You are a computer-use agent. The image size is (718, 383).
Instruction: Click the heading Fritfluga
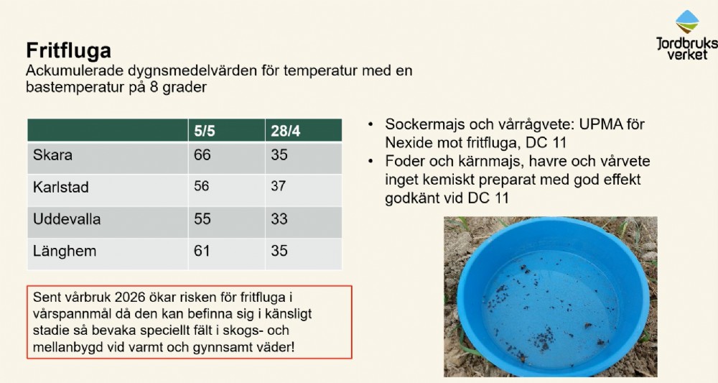(x=68, y=50)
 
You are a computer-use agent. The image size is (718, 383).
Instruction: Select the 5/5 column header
(x=204, y=131)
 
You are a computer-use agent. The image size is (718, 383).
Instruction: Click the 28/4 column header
(x=285, y=131)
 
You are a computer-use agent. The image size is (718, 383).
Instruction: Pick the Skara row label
(x=52, y=154)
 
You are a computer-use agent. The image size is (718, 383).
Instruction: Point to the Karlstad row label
(x=60, y=187)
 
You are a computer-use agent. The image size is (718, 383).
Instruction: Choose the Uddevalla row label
(x=66, y=219)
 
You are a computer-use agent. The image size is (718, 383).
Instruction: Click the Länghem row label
(x=65, y=251)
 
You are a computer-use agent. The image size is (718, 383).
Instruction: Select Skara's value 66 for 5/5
(x=202, y=154)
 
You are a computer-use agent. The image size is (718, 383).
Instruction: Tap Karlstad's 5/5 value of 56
(x=202, y=186)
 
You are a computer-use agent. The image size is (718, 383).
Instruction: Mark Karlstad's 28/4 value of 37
(x=278, y=186)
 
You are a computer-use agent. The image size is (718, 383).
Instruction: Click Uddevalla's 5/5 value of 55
(x=202, y=219)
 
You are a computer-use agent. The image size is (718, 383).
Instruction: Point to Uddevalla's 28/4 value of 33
(x=279, y=219)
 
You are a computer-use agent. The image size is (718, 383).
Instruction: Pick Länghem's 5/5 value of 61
(x=202, y=251)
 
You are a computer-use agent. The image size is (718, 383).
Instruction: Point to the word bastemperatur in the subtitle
(x=75, y=86)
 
